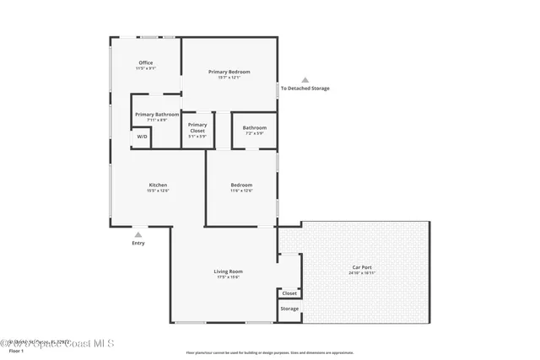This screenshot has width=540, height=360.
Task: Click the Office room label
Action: pyautogui.click(x=145, y=63)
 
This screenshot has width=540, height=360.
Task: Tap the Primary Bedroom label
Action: pyautogui.click(x=229, y=72)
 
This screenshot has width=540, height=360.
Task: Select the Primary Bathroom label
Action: pyautogui.click(x=156, y=114)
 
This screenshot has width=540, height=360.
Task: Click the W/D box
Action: pyautogui.click(x=141, y=137)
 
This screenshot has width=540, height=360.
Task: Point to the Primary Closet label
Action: pyautogui.click(x=197, y=125)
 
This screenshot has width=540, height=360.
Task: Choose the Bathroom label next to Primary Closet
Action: pyautogui.click(x=254, y=127)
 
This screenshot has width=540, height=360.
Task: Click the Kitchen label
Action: pyautogui.click(x=158, y=185)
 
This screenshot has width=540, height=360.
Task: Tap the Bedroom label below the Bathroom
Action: pyautogui.click(x=241, y=185)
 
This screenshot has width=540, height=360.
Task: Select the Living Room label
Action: pyautogui.click(x=228, y=271)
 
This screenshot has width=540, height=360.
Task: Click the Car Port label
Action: pyautogui.click(x=361, y=267)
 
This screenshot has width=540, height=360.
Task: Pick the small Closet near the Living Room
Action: pyautogui.click(x=289, y=293)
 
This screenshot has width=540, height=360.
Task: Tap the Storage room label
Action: pyautogui.click(x=289, y=309)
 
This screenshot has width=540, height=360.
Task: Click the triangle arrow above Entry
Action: pyautogui.click(x=138, y=234)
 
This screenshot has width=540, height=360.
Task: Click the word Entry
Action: pyautogui.click(x=138, y=244)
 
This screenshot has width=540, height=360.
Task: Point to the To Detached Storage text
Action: pyautogui.click(x=305, y=89)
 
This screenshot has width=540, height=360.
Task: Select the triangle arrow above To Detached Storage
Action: pyautogui.click(x=305, y=80)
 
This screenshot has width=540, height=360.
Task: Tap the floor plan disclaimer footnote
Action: pyautogui.click(x=269, y=352)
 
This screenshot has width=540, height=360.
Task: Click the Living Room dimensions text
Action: pyautogui.click(x=228, y=277)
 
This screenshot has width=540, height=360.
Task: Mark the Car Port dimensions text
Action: pyautogui.click(x=361, y=273)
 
